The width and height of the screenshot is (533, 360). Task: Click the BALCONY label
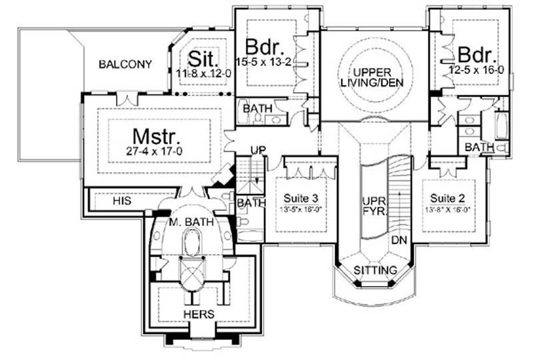(125, 65)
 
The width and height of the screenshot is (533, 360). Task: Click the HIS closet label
(122, 199)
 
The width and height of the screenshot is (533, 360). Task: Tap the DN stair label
(399, 239)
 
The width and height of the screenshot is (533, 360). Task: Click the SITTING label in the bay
(376, 271)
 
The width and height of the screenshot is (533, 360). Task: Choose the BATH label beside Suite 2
(478, 147)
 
